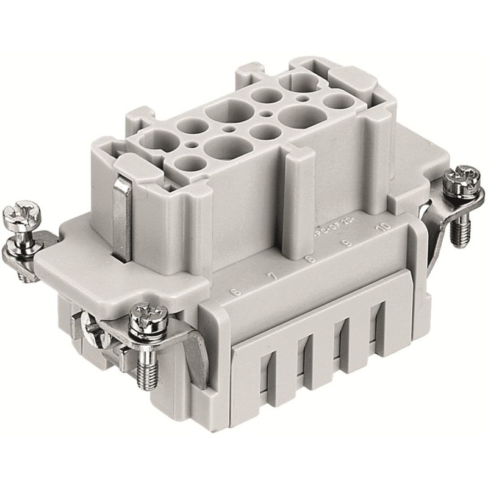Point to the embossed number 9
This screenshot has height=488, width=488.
[x=346, y=245]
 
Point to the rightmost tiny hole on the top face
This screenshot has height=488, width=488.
[x=303, y=97]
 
